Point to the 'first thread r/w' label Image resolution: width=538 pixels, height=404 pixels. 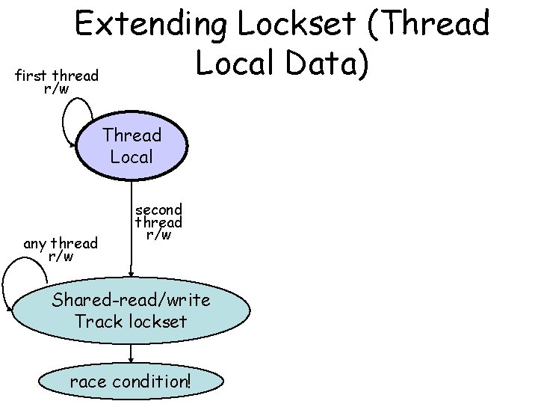pos(57,82)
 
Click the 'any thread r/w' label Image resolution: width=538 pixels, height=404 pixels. pos(61,250)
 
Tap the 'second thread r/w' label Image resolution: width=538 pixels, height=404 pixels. pos(158,221)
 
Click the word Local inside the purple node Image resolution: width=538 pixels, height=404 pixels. pos(132,157)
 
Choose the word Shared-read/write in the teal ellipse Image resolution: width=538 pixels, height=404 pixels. pos(132,301)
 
